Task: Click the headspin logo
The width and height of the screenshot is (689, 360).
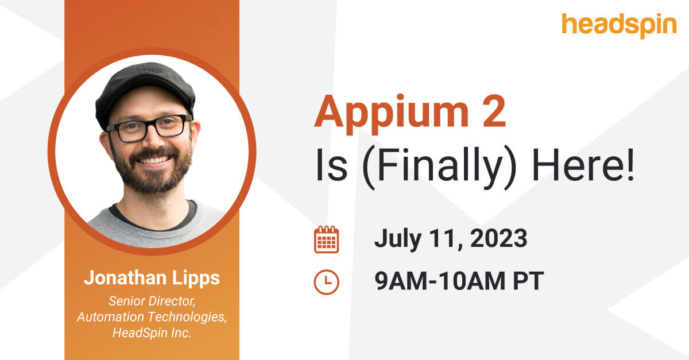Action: click(619, 25)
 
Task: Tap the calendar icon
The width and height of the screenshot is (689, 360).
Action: click(326, 240)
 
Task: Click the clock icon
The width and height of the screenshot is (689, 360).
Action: click(326, 282)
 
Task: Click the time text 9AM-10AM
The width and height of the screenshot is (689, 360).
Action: click(442, 282)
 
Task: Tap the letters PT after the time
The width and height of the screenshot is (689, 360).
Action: click(528, 282)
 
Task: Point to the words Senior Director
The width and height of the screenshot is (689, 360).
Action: click(152, 301)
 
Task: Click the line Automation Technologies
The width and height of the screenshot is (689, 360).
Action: click(152, 318)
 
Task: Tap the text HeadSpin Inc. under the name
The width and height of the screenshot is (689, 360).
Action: click(152, 334)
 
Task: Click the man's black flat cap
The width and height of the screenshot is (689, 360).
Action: click(144, 86)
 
